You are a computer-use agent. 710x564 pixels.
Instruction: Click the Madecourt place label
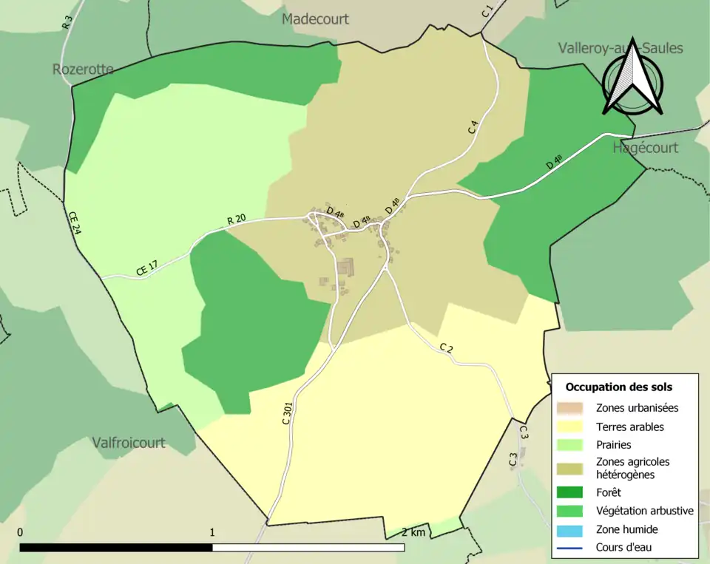pos(315,19)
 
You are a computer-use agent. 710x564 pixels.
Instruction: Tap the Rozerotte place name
pos(83,69)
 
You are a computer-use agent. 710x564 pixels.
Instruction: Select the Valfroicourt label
pos(129,443)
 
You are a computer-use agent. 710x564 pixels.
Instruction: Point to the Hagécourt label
pos(645,148)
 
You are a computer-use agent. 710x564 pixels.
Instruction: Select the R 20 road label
pos(237,220)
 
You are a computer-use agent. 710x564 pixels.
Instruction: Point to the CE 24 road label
pos(75,222)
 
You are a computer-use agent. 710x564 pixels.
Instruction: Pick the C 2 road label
pos(446,347)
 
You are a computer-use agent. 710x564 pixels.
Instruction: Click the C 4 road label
pos(473,126)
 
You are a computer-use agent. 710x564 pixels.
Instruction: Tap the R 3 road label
pos(67,23)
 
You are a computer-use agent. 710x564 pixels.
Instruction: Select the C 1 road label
pos(487,11)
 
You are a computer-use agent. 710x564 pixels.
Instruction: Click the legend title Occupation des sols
pos(618,387)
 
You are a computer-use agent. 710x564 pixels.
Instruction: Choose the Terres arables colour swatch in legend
pos(571,427)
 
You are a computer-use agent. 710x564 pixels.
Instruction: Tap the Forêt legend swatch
pos(571,492)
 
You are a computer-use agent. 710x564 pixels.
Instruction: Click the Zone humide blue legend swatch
pos(571,529)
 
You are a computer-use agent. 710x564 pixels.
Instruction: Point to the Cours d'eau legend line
pos(571,548)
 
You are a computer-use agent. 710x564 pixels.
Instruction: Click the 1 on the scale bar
pos(212,532)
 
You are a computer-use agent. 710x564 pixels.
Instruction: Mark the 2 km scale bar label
pos(413,532)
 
